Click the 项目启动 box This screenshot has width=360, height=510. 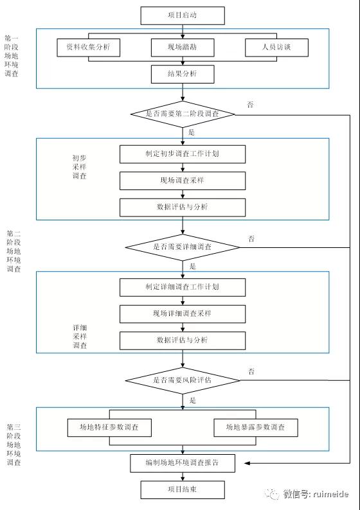point(183,15)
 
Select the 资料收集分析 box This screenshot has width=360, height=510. point(89,48)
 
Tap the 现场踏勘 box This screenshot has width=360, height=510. point(183,48)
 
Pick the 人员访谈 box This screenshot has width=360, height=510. point(276,48)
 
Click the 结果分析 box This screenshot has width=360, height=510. point(183,74)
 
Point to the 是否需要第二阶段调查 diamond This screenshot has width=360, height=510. point(183,114)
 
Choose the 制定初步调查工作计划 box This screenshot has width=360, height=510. point(183,154)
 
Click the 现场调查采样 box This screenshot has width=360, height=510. point(183,181)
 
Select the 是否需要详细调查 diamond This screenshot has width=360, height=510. point(183,247)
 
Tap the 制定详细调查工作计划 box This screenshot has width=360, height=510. point(183,287)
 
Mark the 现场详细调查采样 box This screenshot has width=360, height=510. point(183,314)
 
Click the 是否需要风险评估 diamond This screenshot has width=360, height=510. point(183,380)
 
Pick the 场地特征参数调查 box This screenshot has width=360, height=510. point(109,427)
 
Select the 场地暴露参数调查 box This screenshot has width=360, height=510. point(256,427)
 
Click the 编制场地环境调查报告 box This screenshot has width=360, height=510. point(183,463)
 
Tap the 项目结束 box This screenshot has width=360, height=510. point(183,490)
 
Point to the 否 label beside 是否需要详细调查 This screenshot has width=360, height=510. point(251,239)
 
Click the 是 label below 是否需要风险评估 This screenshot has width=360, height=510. point(193,400)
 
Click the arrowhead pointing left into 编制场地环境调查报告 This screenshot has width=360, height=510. point(248,463)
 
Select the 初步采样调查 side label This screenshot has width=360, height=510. point(79,167)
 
